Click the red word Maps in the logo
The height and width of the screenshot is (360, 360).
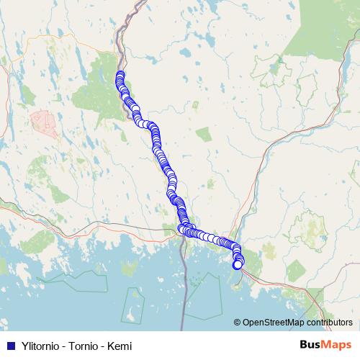(x=336, y=344)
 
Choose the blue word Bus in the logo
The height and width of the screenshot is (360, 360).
(x=310, y=344)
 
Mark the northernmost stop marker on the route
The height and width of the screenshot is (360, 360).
(x=120, y=75)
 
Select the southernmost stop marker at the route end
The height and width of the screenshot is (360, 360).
(x=238, y=265)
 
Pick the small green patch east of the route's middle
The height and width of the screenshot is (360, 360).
(x=203, y=134)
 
